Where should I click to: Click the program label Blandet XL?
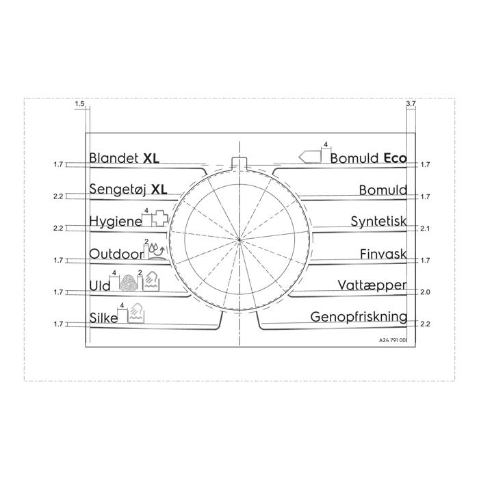coord(124,158)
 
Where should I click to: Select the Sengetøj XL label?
coord(128,190)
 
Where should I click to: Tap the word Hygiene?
coord(116,221)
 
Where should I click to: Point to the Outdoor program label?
coord(116,254)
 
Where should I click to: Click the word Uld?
coord(100,286)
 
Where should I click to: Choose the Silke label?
coord(103,318)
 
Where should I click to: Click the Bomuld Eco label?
coord(368,158)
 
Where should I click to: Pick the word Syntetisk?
coord(378,221)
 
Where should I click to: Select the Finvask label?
coord(383,254)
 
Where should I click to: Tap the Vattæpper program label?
coord(372,285)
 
